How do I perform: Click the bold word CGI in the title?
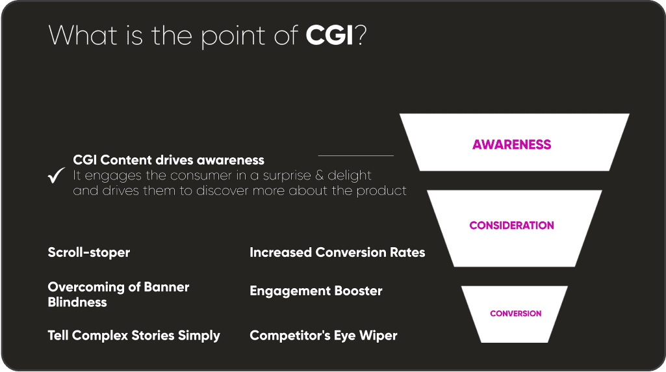329,35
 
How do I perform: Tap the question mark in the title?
361,35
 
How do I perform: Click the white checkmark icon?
56,175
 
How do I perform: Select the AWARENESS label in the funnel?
511,144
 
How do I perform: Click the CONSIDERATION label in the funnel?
511,225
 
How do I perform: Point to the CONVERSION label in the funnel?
516,313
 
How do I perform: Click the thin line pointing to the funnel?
356,155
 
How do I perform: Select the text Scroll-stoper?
89,252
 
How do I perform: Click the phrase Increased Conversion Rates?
337,252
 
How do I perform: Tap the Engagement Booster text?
316,291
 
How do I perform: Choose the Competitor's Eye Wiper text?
323,336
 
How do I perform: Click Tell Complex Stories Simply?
134,336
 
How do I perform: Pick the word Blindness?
77,302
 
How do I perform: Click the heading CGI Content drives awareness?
169,160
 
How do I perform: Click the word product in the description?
381,191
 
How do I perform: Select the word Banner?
166,287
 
